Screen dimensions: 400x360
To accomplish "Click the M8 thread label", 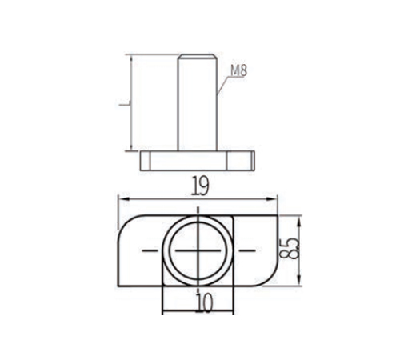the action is (239, 71).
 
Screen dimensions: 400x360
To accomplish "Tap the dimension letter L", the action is (125, 105).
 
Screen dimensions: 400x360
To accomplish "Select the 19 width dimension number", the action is (200, 186).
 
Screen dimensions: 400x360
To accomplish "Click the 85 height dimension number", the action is (289, 249).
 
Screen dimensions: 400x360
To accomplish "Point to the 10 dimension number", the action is (205, 302).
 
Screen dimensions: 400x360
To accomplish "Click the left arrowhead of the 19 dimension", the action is (123, 199).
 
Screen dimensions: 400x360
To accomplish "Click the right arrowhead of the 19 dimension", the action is (271, 199).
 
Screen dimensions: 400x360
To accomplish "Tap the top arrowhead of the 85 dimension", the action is (299, 221).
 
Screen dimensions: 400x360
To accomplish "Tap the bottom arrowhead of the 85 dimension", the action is (299, 280).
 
